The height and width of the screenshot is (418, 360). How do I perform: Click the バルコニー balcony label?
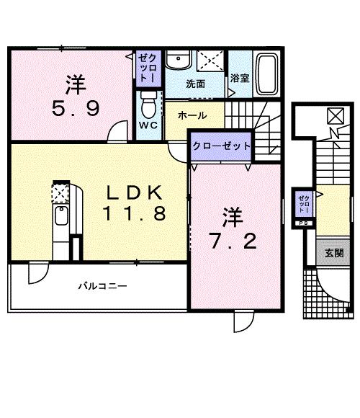pyautogui.click(x=102, y=286)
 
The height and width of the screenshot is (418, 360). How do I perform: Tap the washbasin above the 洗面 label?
pyautogui.click(x=176, y=60)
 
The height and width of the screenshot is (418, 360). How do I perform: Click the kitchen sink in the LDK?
pyautogui.click(x=61, y=217)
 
